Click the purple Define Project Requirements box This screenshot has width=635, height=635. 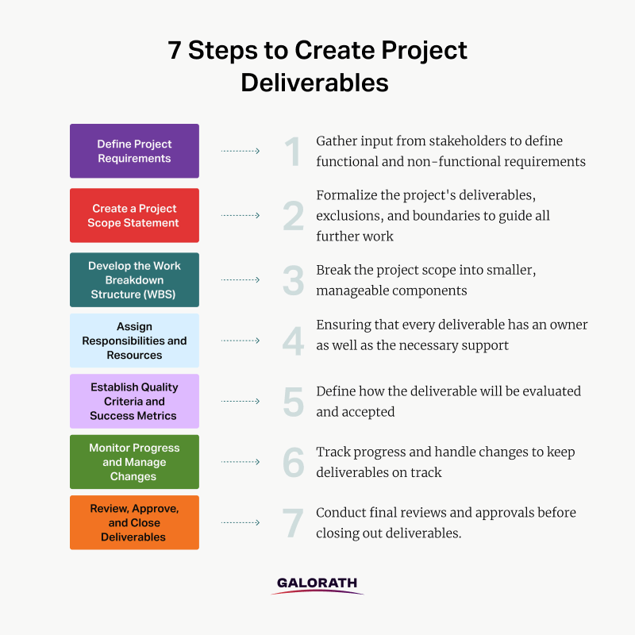[x=134, y=151]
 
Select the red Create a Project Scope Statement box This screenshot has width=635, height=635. [x=134, y=215]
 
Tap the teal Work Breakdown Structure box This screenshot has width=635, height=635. [x=134, y=280]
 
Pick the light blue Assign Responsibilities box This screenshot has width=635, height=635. [x=134, y=341]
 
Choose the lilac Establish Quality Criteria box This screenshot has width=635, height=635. [x=134, y=402]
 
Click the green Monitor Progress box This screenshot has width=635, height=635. [x=134, y=462]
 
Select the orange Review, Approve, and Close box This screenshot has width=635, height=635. [x=134, y=522]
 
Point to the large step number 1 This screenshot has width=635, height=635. [x=292, y=152]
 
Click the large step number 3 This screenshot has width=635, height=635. [x=293, y=280]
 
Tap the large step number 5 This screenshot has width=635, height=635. [x=294, y=402]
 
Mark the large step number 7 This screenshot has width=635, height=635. [x=293, y=523]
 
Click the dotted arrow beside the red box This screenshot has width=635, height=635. [x=241, y=215]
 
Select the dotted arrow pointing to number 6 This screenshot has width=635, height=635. [x=241, y=462]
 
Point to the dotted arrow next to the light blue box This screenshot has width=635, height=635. [x=241, y=341]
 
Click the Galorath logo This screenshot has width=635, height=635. [x=317, y=586]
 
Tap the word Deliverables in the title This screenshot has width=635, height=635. [x=314, y=83]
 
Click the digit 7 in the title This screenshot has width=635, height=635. [x=175, y=50]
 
